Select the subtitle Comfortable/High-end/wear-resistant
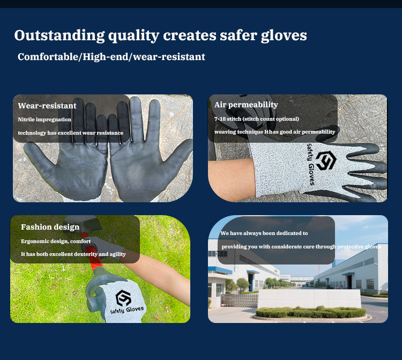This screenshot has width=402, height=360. pyautogui.click(x=111, y=57)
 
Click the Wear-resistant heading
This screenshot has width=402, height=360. pyautogui.click(x=47, y=106)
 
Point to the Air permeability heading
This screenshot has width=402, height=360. pyautogui.click(x=246, y=105)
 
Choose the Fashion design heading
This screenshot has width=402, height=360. pyautogui.click(x=50, y=227)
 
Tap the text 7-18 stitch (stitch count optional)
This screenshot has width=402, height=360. pyautogui.click(x=257, y=119)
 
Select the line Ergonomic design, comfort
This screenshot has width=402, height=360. pyautogui.click(x=56, y=241)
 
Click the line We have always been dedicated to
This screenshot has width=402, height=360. pyautogui.click(x=264, y=233)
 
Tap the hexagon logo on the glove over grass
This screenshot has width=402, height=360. pyautogui.click(x=124, y=297)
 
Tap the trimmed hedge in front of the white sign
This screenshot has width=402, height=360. pyautogui.click(x=311, y=312)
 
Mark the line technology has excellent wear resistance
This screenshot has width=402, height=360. pyautogui.click(x=70, y=133)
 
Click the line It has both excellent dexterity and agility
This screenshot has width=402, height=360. pyautogui.click(x=73, y=254)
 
